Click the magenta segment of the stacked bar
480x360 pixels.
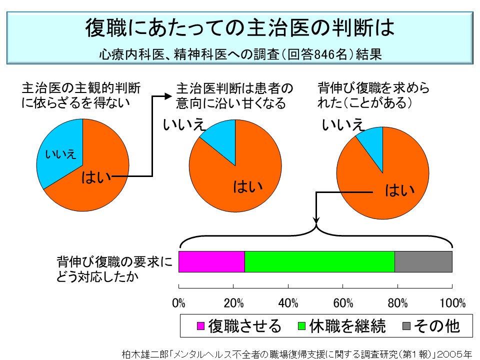[211, 261]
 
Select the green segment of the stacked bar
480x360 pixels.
[319, 261]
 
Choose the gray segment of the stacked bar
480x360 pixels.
[423, 261]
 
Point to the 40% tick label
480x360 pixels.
[288, 303]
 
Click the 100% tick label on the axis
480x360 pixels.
[452, 303]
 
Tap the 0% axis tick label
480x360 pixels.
[179, 303]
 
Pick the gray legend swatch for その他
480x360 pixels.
[406, 326]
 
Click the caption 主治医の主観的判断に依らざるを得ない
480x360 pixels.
[80, 95]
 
